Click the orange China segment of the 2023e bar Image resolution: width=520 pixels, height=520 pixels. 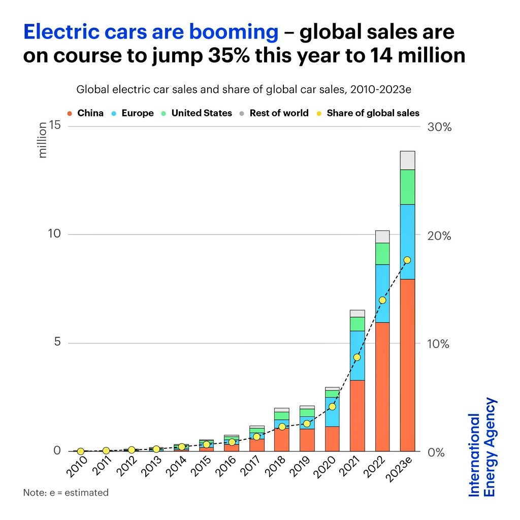point(407,365)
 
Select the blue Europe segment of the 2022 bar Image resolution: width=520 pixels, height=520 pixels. point(382,294)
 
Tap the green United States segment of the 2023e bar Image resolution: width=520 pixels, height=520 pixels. point(407,187)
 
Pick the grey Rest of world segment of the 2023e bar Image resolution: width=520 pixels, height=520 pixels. point(407,160)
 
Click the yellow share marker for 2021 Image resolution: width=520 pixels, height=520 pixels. point(357,357)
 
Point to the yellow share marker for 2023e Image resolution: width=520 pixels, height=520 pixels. point(407,260)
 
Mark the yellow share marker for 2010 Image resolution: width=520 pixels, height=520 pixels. point(80,451)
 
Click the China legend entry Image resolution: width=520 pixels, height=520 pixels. point(85,113)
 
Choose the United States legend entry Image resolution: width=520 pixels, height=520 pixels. point(197,113)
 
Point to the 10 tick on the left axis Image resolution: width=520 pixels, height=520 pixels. point(54,234)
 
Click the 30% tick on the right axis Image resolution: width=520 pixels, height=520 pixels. point(439,127)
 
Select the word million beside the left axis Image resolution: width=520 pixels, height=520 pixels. point(43,140)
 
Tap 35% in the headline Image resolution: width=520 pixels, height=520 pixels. point(229,55)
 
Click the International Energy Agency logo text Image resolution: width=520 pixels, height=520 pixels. point(482,447)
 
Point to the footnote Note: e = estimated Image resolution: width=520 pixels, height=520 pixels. point(66,493)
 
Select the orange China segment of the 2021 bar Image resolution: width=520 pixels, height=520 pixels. point(357,416)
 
